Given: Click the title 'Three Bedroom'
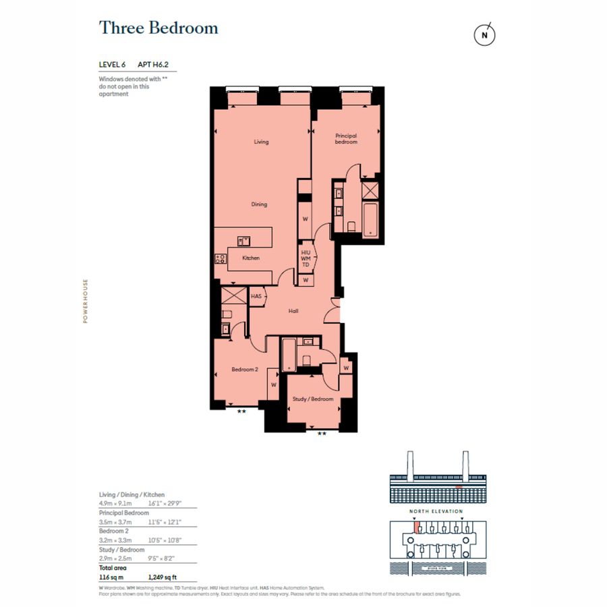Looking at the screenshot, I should (x=158, y=28).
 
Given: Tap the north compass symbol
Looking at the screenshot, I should (x=484, y=35).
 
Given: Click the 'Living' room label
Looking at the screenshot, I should (x=261, y=142).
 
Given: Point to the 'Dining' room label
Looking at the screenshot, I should (x=260, y=204).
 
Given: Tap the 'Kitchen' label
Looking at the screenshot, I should (x=250, y=258).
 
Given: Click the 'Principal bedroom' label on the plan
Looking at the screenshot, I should (x=346, y=139).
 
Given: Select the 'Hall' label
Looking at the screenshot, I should (x=293, y=311).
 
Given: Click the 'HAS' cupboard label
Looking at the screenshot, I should (x=256, y=296).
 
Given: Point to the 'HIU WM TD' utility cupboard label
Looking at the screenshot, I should (x=306, y=258).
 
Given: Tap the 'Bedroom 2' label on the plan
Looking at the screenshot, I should (x=245, y=370).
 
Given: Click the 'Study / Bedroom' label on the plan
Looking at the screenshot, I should (x=312, y=399).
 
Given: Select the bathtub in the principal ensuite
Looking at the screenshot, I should (x=370, y=220).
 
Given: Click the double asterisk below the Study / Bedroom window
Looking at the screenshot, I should (x=322, y=434).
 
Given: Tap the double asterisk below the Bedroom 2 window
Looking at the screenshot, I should (x=241, y=411).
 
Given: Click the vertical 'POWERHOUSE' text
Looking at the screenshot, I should (x=86, y=301).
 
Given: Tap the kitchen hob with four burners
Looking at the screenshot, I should (x=221, y=258).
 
